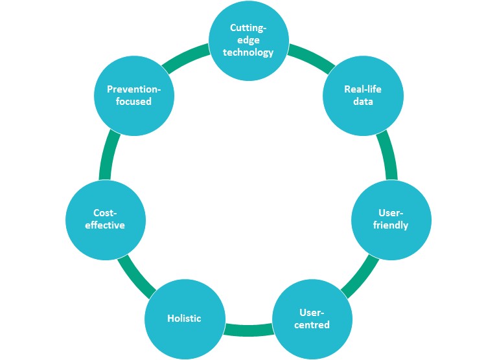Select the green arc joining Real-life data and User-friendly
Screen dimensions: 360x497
pos(387,156)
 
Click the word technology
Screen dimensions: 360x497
pos(248,52)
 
